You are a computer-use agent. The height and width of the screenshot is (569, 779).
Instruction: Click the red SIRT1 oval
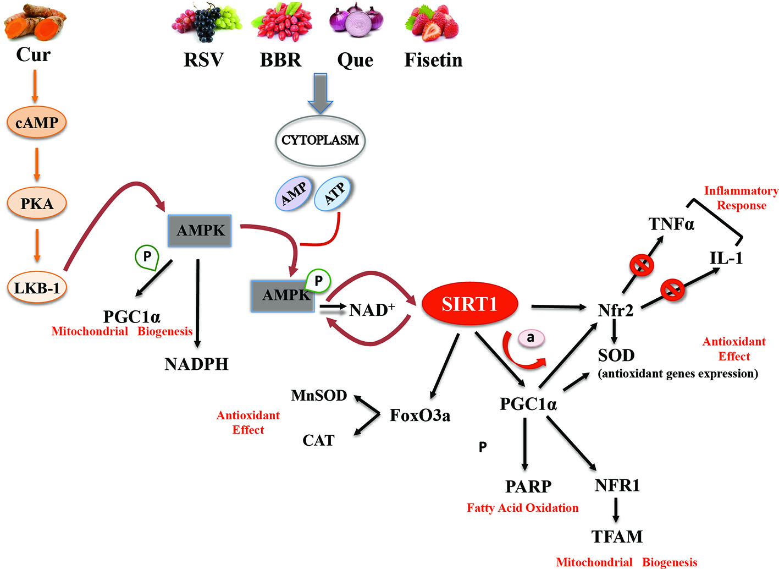pos(469,304)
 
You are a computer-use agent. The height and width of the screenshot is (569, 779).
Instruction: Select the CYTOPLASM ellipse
pos(320,140)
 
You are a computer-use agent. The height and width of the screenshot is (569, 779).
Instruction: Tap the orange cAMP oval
pos(37,122)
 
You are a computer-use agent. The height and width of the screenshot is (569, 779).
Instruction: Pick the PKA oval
pos(37,204)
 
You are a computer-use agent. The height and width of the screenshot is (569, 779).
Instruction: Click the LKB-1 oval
pos(37,288)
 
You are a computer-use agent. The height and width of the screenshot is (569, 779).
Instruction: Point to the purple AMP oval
pos(294,194)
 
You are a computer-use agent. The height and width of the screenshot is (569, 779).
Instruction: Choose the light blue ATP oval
pos(333,194)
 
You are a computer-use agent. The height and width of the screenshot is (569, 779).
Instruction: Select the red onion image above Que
pos(356,22)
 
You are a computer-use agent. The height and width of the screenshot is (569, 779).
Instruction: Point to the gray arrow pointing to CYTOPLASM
pos(320,92)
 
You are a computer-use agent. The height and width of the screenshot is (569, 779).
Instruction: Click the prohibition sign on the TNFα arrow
pos(641,265)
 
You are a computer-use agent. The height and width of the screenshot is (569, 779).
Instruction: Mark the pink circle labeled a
pos(530,338)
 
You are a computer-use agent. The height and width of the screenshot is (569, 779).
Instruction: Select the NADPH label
pos(196,364)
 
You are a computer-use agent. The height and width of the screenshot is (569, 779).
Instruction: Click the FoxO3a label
pos(420,415)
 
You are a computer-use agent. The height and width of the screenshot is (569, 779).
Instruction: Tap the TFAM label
pos(617,537)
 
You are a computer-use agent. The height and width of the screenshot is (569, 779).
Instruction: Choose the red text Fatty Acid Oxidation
pos(522,508)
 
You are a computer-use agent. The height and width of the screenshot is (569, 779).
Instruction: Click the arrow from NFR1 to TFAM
pos(616,510)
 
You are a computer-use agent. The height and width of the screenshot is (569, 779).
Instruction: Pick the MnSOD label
pos(319,396)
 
